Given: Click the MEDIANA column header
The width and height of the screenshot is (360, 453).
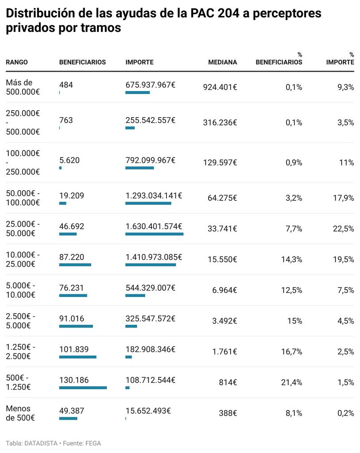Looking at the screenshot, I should (x=222, y=62).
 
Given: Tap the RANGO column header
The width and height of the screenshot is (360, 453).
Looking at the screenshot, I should (x=17, y=62).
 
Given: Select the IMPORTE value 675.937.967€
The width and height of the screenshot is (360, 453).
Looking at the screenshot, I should (x=150, y=84).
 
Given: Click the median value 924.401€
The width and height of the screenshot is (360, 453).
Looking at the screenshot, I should (x=220, y=88).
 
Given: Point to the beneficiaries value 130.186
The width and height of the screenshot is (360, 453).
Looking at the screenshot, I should (x=74, y=380).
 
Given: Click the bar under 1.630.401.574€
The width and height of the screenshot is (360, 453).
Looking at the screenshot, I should (x=154, y=234).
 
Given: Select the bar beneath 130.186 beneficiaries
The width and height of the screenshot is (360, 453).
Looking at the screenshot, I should (x=83, y=388).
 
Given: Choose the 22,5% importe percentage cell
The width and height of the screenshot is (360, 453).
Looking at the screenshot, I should (x=343, y=229).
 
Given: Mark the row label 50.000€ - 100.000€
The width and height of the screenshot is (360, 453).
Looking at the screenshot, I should (x=23, y=198).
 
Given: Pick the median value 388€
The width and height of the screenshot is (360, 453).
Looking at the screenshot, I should (x=228, y=414).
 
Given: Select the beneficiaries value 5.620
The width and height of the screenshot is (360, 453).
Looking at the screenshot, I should (x=70, y=160).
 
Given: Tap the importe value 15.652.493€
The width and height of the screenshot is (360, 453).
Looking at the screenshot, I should (x=148, y=411).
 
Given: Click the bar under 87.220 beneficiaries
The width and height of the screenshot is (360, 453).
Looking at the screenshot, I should (x=75, y=265).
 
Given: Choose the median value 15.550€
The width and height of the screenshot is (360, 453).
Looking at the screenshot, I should (x=222, y=260).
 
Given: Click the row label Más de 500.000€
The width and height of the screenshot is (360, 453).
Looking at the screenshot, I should (x=23, y=87).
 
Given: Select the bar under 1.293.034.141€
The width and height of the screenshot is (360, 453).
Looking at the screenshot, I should (x=148, y=203).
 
